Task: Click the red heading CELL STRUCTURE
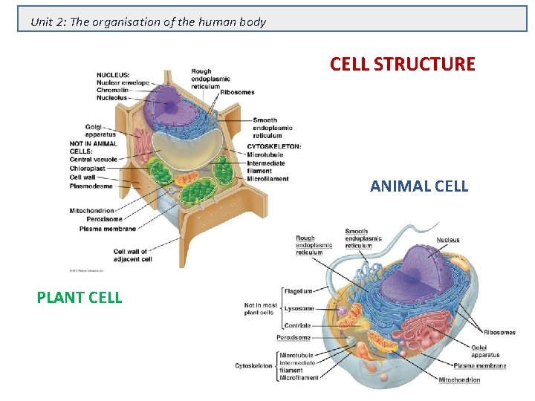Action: [x=402, y=64]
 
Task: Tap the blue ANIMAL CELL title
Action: [x=419, y=186]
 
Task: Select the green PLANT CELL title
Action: [x=80, y=298]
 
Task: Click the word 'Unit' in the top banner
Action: [x=42, y=22]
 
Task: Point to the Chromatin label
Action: [x=113, y=90]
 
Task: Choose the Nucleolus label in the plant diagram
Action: [x=111, y=97]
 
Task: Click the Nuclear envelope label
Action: [x=123, y=82]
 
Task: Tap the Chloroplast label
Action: [x=90, y=168]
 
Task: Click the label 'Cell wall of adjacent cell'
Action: [x=132, y=255]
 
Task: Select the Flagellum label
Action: [x=299, y=291]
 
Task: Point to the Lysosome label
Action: [x=299, y=308]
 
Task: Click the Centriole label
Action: [x=299, y=326]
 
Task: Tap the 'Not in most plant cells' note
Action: [x=260, y=308]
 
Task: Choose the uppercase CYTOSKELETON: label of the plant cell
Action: [x=274, y=146]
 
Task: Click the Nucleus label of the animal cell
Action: [x=448, y=240]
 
